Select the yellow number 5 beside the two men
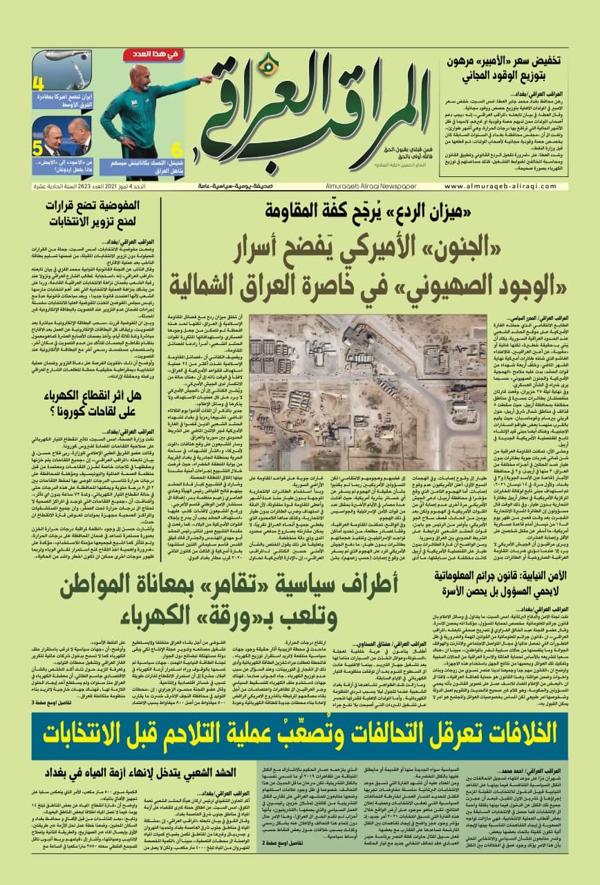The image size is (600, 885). pyautogui.click(x=38, y=147)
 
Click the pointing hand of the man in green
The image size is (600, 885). pyautogui.click(x=207, y=80)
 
